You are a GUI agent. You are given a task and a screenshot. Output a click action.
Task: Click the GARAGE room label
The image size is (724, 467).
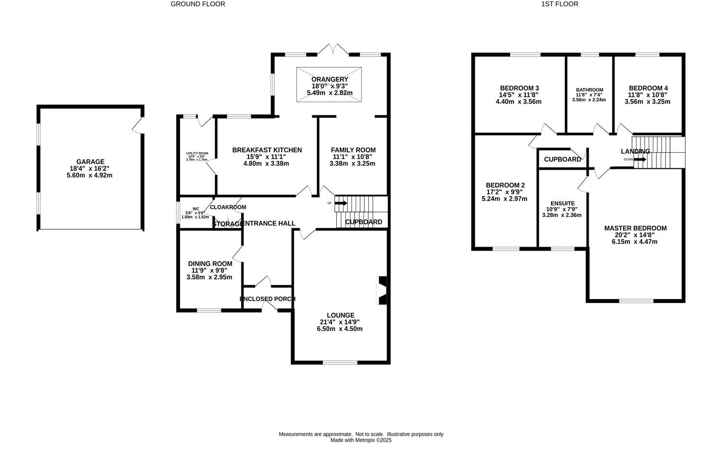coord(90,162)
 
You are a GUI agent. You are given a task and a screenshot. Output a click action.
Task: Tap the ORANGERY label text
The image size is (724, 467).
coord(329,79)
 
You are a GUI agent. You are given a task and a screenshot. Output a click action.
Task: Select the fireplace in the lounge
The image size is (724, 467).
coord(382,290)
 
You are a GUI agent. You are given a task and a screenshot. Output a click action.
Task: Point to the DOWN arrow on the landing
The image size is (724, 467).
coord(640,159)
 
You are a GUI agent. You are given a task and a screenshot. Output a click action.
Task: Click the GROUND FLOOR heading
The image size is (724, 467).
coord(198,4)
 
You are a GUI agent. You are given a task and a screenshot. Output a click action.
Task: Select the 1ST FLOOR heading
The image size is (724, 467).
coord(560,4)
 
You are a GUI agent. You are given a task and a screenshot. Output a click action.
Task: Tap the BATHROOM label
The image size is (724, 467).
coord(589,90)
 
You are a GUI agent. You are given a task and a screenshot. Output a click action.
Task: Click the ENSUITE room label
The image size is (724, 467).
coord(562,203)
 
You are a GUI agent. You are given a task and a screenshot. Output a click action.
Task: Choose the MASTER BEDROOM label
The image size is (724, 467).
coord(635,228)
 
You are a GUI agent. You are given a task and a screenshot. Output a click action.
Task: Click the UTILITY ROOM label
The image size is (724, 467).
coord(197,153)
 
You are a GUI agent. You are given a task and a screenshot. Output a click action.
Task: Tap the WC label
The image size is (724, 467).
coord(196,209)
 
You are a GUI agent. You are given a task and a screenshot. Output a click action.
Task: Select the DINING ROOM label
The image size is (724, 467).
coord(210,264)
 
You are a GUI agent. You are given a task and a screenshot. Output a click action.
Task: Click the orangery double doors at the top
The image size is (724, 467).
coord(333,49)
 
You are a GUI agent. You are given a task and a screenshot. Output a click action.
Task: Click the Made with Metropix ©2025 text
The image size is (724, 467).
coord(361,440)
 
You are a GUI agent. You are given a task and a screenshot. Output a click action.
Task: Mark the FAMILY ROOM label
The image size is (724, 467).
coord(353,150)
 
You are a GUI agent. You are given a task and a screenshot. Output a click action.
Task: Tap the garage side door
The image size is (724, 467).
coord(139,125)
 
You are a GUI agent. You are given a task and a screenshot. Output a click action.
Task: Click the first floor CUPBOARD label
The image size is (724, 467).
coord(562,160)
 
